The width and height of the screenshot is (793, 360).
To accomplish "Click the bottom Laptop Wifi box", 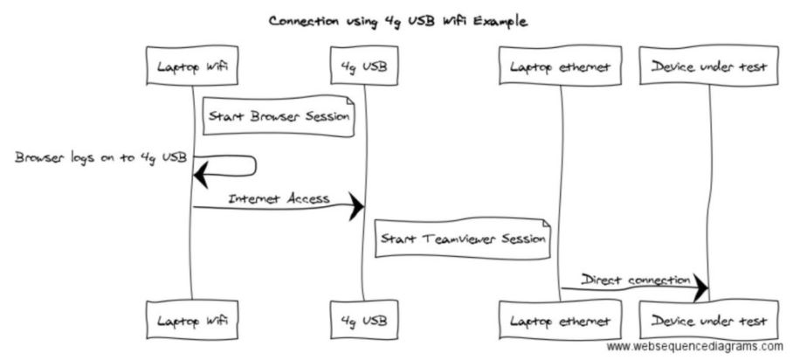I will click(x=192, y=321).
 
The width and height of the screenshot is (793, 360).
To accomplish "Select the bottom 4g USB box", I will click(x=363, y=321).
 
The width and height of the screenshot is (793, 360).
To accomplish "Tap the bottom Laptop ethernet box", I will click(x=559, y=321).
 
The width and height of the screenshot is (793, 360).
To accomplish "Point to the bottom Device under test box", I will click(x=707, y=321).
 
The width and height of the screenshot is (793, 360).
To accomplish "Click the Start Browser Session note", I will click(x=279, y=116).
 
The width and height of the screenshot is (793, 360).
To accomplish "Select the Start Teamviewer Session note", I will click(x=463, y=238).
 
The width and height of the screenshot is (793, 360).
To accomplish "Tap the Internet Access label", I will click(x=279, y=198).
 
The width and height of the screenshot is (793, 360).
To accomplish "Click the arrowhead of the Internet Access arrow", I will click(x=355, y=207).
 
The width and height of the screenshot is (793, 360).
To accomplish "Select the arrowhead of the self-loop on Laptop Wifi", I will click(x=202, y=176).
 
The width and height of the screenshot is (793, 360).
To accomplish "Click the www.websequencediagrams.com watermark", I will click(x=694, y=347).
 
